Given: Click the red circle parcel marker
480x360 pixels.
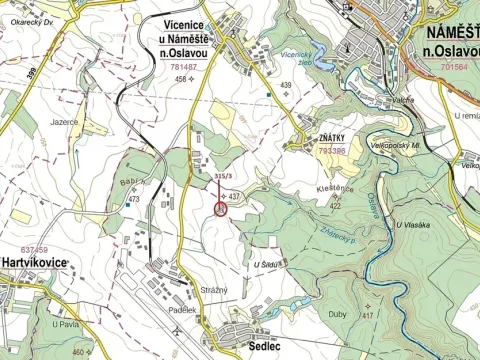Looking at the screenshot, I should tap(221, 209).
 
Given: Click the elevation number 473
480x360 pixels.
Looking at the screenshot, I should tap(132, 200).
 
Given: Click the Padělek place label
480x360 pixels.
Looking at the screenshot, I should tap(182, 310).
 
